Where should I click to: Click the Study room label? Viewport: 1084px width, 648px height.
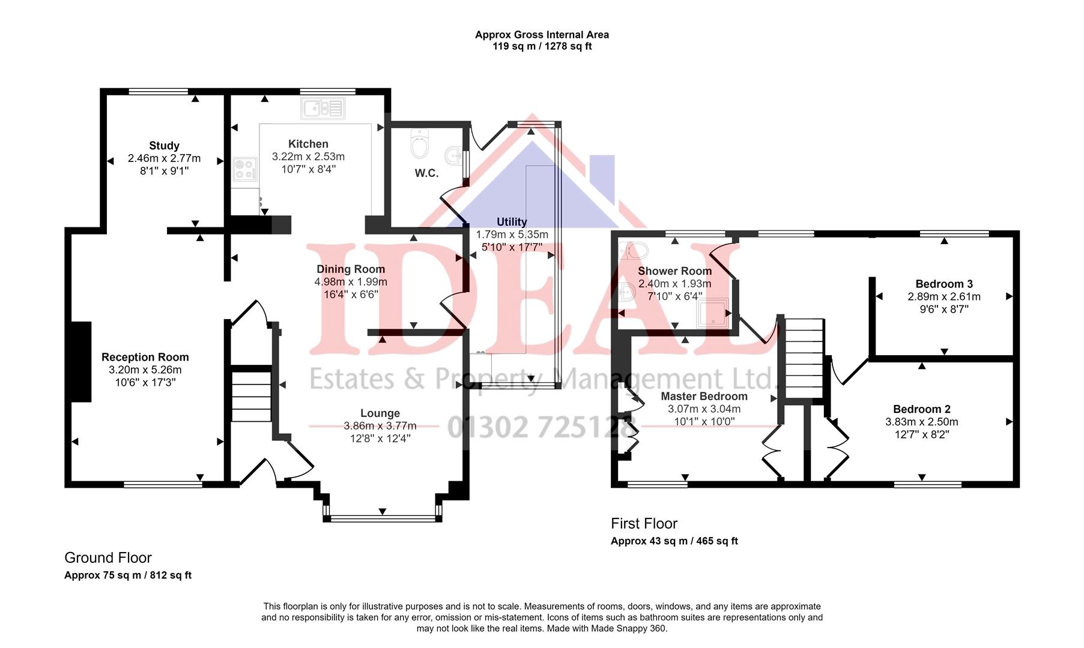pyautogui.click(x=164, y=146)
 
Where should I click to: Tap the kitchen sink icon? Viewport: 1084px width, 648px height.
pyautogui.click(x=323, y=109)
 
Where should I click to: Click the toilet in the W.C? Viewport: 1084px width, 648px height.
pyautogui.click(x=418, y=143)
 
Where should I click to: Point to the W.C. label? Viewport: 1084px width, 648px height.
pyautogui.click(x=426, y=173)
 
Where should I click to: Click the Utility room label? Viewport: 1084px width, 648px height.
pyautogui.click(x=512, y=222)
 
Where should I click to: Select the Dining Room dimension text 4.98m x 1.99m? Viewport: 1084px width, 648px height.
pyautogui.click(x=351, y=282)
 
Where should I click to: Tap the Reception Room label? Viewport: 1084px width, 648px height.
pyautogui.click(x=145, y=358)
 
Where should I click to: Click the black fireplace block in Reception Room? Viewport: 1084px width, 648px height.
pyautogui.click(x=80, y=361)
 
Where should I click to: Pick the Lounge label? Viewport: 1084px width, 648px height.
pyautogui.click(x=380, y=413)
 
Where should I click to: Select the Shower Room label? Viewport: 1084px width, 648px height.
pyautogui.click(x=674, y=271)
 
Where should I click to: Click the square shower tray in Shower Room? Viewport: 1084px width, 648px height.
pyautogui.click(x=713, y=313)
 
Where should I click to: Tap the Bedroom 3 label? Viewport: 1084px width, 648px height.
pyautogui.click(x=944, y=284)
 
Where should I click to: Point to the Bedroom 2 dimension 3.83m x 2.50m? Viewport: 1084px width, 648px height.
pyautogui.click(x=922, y=422)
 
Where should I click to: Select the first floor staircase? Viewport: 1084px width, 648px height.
pyautogui.click(x=804, y=358)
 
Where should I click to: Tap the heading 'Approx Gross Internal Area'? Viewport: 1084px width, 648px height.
pyautogui.click(x=542, y=35)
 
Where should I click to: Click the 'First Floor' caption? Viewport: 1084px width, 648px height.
pyautogui.click(x=644, y=524)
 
